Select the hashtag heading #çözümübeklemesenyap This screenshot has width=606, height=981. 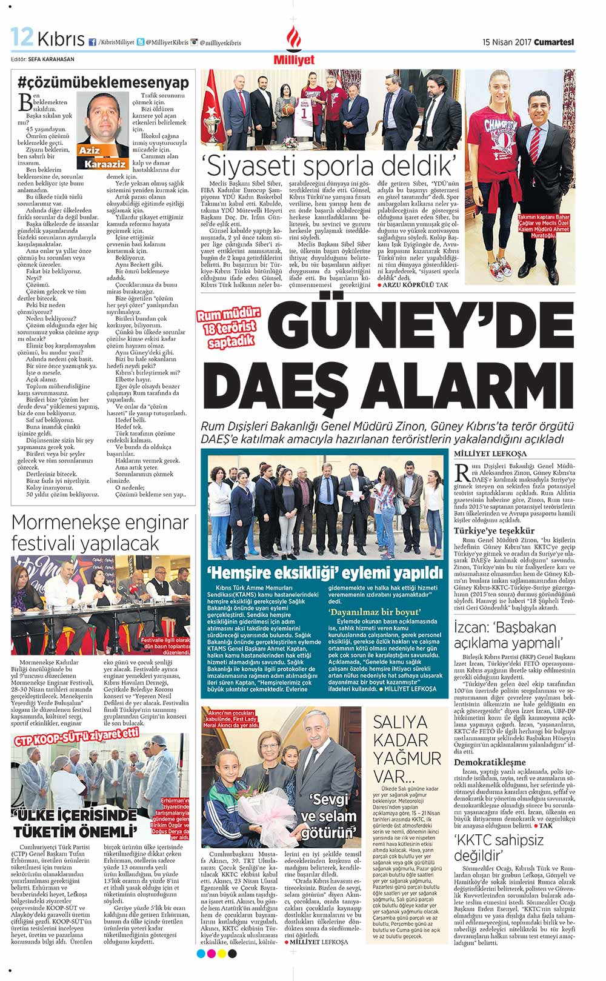pyautogui.click(x=103, y=82)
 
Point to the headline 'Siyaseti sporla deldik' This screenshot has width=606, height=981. pyautogui.click(x=329, y=164)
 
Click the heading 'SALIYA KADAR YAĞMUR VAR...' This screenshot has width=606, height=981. pyautogui.click(x=407, y=748)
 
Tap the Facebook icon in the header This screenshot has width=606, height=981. pyautogui.click(x=92, y=42)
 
